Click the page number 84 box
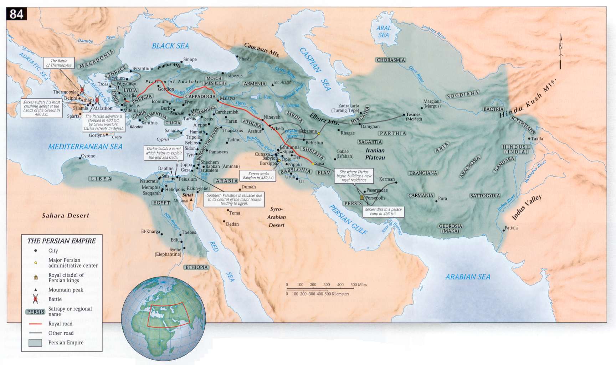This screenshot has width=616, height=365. [16, 14]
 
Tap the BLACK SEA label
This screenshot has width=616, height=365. [170, 46]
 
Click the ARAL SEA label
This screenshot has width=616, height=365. [384, 31]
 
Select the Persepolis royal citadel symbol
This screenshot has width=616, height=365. [362, 197]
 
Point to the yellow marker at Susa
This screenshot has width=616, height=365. [313, 164]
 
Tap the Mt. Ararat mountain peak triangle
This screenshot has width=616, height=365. [272, 82]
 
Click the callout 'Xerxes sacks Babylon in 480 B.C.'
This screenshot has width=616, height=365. [259, 175]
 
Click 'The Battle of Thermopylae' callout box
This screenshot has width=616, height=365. [59, 63]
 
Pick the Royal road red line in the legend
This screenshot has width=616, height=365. [35, 324]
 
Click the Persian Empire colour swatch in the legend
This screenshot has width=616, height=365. [35, 343]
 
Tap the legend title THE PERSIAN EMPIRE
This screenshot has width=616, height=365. [61, 241]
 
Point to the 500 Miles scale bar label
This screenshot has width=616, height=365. [359, 284]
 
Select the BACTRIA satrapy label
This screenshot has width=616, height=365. [493, 109]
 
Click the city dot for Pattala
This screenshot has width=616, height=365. [503, 231]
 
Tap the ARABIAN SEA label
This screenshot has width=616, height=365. [468, 277]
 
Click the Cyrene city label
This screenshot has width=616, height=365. [88, 156]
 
